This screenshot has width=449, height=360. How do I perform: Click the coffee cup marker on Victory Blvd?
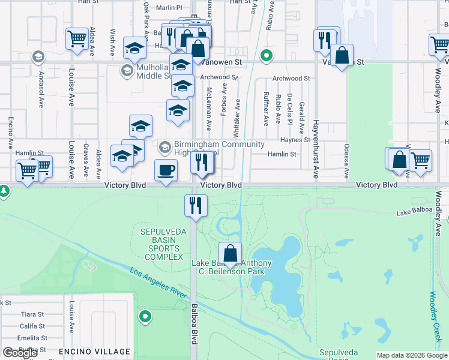[166, 170]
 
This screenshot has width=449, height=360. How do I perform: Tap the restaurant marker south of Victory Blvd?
[196, 206]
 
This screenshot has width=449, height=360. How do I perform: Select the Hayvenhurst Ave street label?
[315, 149]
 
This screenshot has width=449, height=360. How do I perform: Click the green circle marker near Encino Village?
[145, 316]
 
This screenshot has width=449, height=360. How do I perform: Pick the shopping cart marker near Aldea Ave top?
[77, 39]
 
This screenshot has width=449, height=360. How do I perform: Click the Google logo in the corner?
[20, 353]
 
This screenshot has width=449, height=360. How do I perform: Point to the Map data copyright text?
[412, 355]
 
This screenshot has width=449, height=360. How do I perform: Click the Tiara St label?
[32, 314]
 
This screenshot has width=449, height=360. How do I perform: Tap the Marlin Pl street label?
[169, 8]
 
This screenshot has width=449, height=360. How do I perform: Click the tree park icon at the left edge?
[4, 191]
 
